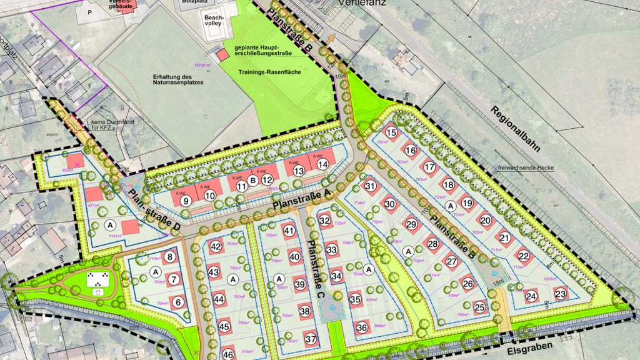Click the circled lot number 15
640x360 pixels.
[x=391, y=132]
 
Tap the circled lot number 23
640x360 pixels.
[x=560, y=294]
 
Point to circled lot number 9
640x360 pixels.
[x=186, y=201]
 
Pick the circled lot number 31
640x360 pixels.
[x=371, y=186]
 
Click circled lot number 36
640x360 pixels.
[x=362, y=327]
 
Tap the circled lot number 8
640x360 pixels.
[x=170, y=256]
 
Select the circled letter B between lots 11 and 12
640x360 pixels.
[x=253, y=181]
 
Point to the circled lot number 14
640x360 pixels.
[x=322, y=164]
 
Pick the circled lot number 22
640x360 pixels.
[x=523, y=255]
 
